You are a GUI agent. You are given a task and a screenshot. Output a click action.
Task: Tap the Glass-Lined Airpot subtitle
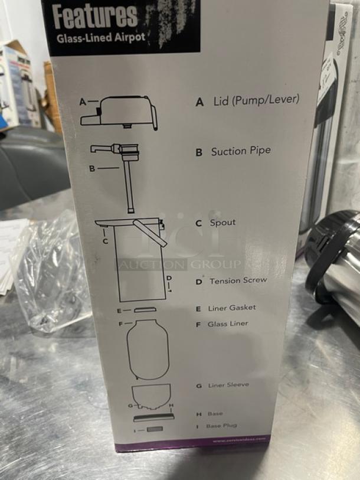(x=100, y=38)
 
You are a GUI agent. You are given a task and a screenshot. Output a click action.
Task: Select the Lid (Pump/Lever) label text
(x=256, y=100)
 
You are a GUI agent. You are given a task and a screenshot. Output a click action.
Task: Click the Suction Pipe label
(x=241, y=151)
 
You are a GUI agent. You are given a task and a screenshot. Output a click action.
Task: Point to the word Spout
(x=222, y=223)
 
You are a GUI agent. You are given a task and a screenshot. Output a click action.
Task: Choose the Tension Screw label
(x=238, y=281)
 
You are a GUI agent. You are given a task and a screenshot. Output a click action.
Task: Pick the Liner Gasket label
(x=232, y=308)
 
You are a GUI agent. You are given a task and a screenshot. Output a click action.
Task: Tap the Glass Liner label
(x=227, y=324)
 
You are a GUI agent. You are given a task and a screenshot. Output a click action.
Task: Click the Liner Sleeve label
(x=228, y=385)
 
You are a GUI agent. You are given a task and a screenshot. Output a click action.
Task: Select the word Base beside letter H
(x=215, y=414)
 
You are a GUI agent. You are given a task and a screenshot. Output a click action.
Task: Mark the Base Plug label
(x=221, y=426)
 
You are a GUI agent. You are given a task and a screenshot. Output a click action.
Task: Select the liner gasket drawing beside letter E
(x=145, y=309)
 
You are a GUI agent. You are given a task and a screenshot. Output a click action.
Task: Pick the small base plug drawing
(x=154, y=428)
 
